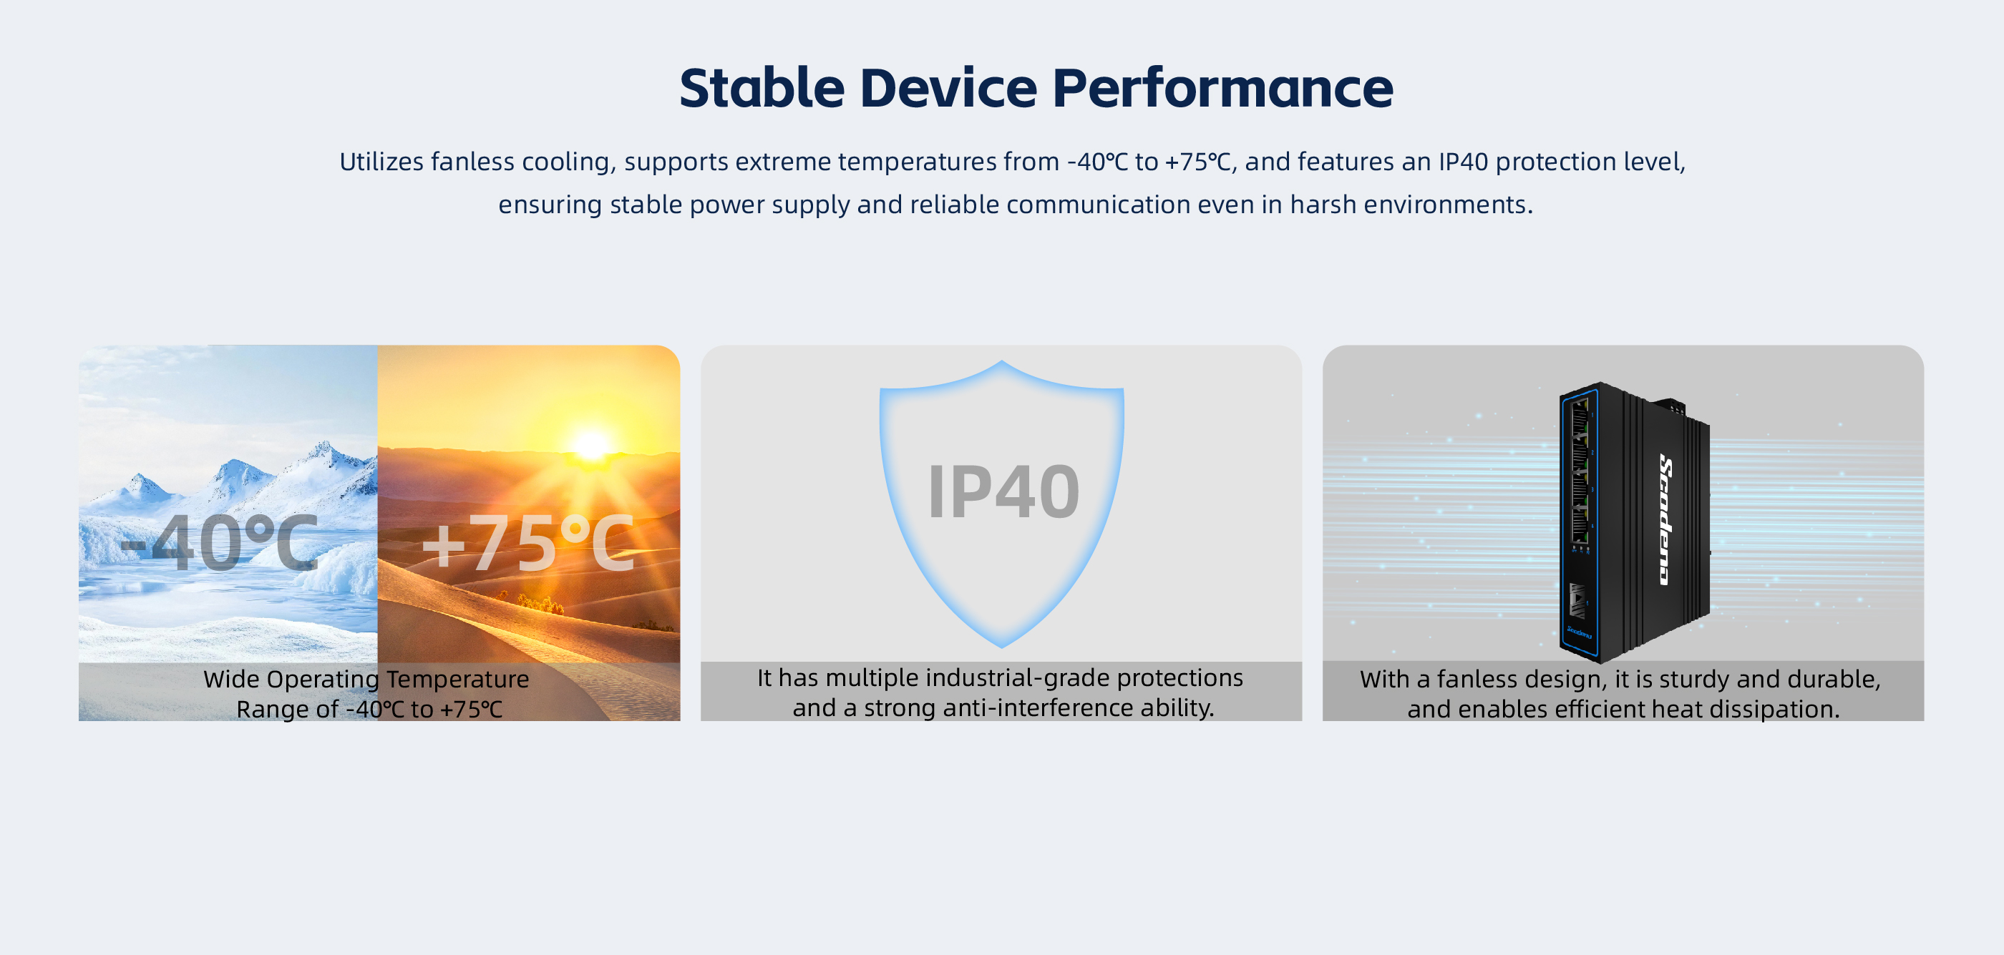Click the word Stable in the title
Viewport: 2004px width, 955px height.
762,87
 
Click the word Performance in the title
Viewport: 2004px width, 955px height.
1222,87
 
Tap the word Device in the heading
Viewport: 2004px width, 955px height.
948,87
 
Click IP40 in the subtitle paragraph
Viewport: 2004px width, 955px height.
1462,162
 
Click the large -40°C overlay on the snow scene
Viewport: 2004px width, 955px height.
220,542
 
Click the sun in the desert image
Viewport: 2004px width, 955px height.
591,445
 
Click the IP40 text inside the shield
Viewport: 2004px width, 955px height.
1003,491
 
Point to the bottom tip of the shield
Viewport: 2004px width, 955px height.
1002,646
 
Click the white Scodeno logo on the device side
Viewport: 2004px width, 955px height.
1665,519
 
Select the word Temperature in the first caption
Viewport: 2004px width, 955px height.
457,679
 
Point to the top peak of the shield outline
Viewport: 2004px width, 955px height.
1002,363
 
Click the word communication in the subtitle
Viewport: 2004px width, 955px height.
1099,205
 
